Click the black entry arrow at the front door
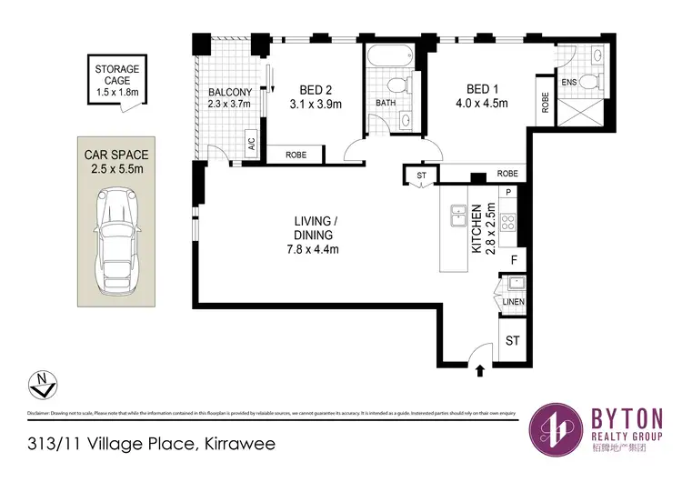click(x=479, y=368)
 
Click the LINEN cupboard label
click(x=514, y=301)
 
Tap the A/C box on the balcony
click(x=251, y=142)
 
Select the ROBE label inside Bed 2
click(x=296, y=156)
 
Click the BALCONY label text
click(x=224, y=92)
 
